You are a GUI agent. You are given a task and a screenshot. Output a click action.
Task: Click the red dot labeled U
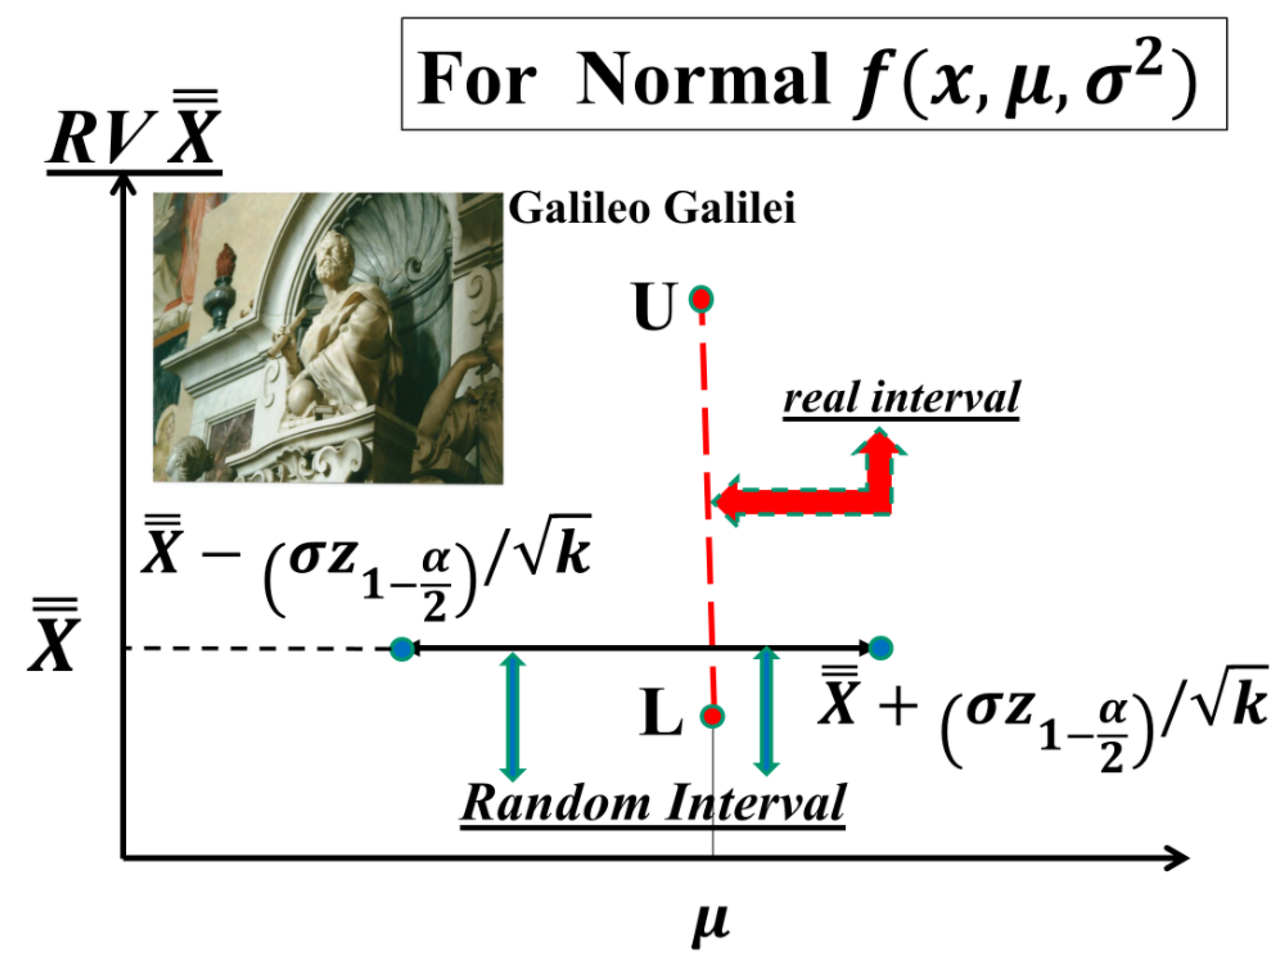pyautogui.click(x=702, y=299)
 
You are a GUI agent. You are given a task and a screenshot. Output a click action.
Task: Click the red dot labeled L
pyautogui.click(x=712, y=716)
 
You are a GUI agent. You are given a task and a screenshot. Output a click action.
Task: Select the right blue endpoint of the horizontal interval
pyautogui.click(x=881, y=648)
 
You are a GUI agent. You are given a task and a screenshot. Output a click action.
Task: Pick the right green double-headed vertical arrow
pyautogui.click(x=767, y=711)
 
